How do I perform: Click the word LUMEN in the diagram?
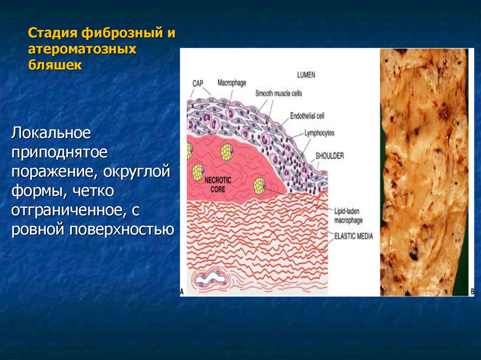click(x=306, y=75)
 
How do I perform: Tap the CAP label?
click(x=198, y=84)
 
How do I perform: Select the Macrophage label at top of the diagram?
click(x=232, y=83)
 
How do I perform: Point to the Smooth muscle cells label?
click(x=279, y=93)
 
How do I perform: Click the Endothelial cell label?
click(x=307, y=116)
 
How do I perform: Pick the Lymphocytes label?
click(x=319, y=133)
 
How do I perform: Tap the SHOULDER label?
click(x=330, y=156)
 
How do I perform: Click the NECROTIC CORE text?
click(x=218, y=184)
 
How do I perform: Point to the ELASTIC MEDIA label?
click(x=353, y=236)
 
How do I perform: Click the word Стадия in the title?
click(x=53, y=33)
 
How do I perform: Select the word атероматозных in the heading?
click(x=82, y=49)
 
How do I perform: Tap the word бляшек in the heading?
click(x=55, y=65)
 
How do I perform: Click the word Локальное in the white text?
click(x=51, y=133)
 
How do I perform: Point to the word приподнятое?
click(x=60, y=153)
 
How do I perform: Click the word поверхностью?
click(x=122, y=230)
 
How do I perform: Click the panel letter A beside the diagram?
click(x=182, y=291)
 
